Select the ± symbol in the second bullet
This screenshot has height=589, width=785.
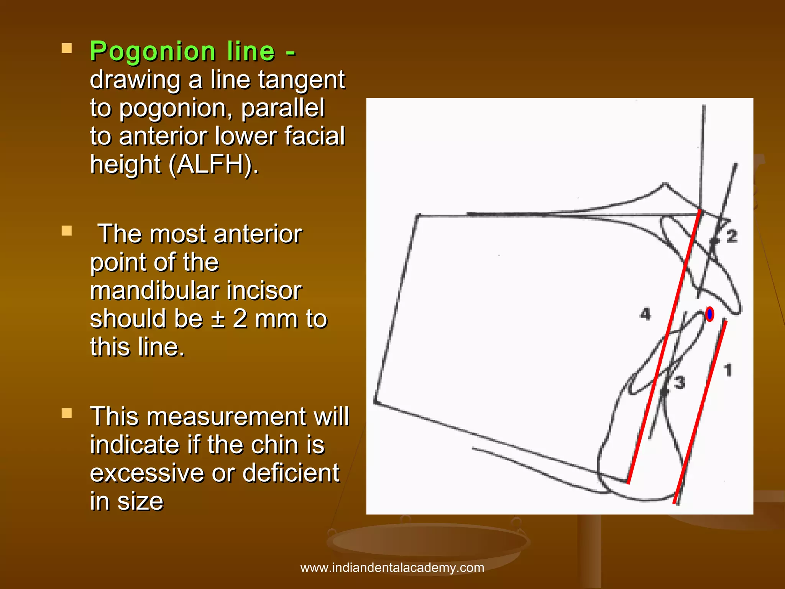218,319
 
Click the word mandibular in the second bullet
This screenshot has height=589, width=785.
154,291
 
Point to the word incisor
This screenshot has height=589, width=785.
264,291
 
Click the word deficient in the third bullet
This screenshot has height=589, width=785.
291,473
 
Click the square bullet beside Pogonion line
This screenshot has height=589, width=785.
67,48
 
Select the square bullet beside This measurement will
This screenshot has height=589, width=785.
67,413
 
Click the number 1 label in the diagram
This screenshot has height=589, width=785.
728,370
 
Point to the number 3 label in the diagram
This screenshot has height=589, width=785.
679,382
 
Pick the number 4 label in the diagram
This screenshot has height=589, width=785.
645,314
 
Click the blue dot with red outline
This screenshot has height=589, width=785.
709,314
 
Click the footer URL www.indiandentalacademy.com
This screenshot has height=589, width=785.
392,568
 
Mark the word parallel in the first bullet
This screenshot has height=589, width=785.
283,108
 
